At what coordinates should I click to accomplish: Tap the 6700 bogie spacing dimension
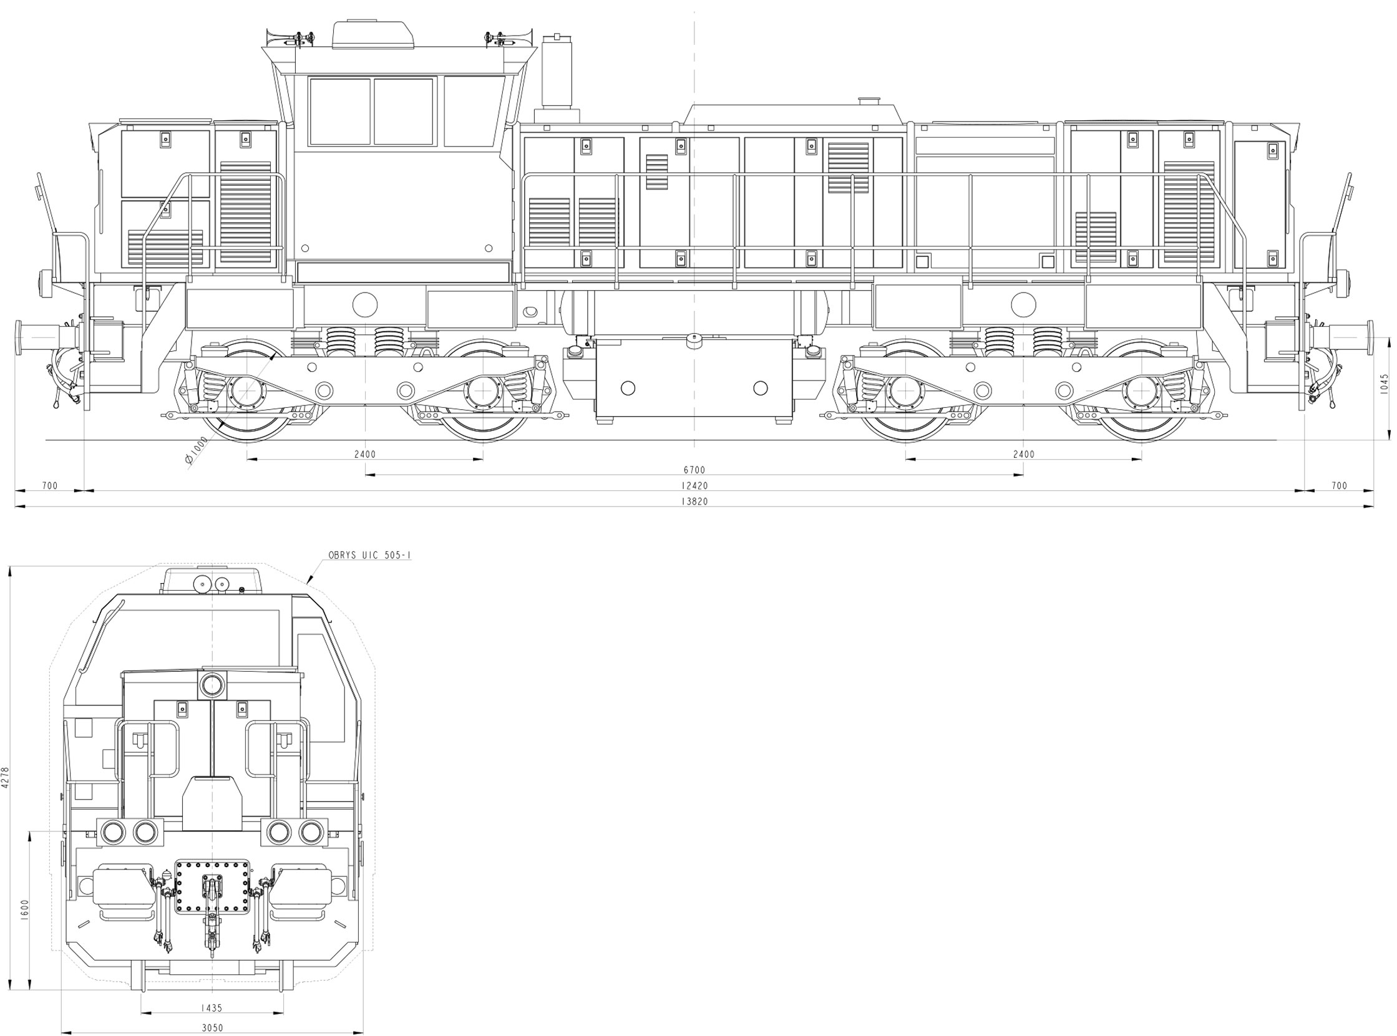tap(694, 470)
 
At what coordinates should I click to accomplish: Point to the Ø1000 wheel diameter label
tap(197, 452)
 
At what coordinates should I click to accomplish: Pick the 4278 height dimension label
tap(6, 777)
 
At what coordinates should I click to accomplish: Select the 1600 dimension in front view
tap(25, 909)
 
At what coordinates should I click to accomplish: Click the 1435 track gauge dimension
tap(212, 1009)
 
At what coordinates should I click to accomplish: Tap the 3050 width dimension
tap(212, 1028)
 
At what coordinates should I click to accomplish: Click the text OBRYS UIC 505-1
tap(369, 555)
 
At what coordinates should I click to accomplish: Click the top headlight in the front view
tap(212, 685)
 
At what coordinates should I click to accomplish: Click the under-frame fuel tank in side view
tap(694, 376)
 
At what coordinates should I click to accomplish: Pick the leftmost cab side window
tap(339, 112)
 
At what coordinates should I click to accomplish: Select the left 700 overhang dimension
tap(49, 485)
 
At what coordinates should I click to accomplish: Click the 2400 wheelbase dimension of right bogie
tap(1024, 454)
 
